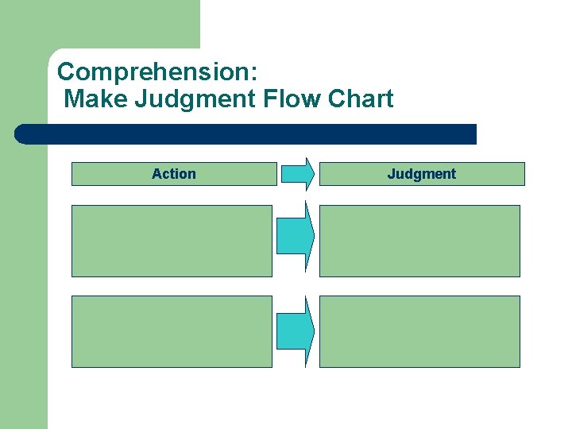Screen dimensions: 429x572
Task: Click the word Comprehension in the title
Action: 153,71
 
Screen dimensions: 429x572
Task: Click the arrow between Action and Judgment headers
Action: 297,174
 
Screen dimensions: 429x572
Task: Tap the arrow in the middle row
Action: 295,235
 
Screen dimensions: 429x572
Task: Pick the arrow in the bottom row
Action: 295,330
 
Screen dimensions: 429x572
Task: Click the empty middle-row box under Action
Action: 172,241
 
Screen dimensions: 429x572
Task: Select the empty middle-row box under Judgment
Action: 419,241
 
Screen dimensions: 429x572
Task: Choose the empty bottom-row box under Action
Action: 172,331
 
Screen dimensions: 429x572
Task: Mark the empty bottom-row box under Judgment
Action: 419,331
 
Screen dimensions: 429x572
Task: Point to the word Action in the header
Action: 174,174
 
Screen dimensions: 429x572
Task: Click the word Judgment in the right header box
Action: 422,174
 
